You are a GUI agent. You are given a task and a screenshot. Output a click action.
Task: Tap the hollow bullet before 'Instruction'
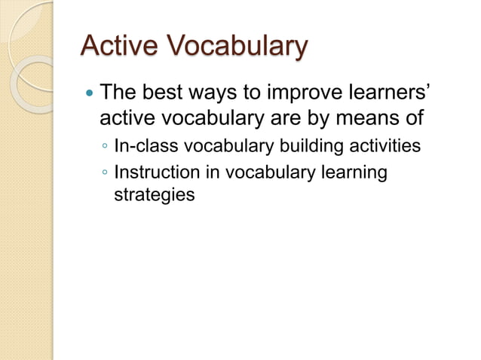(106, 174)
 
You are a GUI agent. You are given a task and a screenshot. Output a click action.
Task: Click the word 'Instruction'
(156, 172)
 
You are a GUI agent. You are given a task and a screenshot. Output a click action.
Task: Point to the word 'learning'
(354, 173)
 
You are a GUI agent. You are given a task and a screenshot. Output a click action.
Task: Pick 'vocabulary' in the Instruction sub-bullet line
(268, 173)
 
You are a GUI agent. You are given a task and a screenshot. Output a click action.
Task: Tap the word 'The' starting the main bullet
(118, 95)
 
